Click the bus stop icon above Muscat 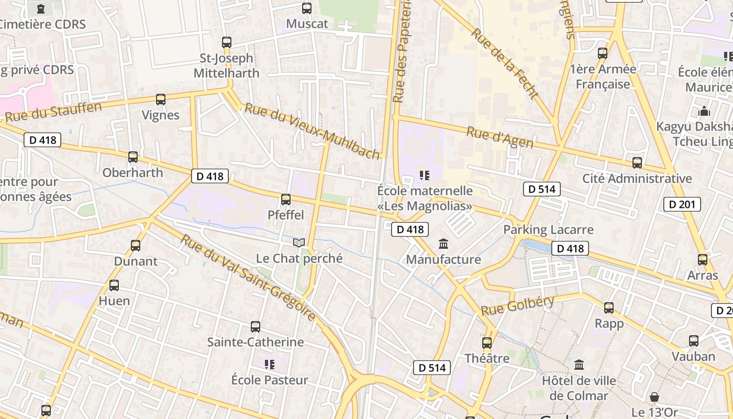click(x=307, y=8)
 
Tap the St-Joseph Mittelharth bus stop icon click(x=227, y=42)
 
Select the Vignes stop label click(x=161, y=115)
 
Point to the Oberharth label click(x=132, y=172)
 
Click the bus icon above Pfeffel click(x=286, y=199)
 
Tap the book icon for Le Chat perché click(x=299, y=242)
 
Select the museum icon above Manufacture click(x=443, y=244)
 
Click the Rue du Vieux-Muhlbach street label click(x=312, y=131)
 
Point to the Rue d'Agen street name click(x=499, y=138)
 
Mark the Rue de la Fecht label click(x=504, y=63)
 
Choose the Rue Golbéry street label click(x=517, y=305)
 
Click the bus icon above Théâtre click(x=487, y=343)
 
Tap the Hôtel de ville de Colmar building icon click(x=579, y=365)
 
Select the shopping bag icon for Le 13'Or click(x=654, y=396)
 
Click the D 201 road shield click(x=682, y=204)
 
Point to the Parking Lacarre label click(x=548, y=229)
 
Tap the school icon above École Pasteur click(x=270, y=364)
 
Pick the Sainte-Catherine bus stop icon click(x=256, y=327)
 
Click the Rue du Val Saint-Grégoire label click(x=248, y=278)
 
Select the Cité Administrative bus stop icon click(x=637, y=163)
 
